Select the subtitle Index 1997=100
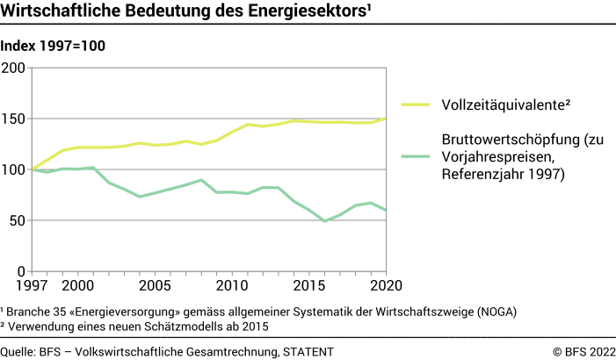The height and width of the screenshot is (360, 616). click(x=54, y=47)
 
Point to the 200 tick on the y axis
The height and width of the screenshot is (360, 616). click(x=14, y=68)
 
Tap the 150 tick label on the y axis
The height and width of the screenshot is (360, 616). click(x=14, y=119)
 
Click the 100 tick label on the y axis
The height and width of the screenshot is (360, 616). click(x=14, y=169)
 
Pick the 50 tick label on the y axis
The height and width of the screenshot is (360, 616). click(x=18, y=220)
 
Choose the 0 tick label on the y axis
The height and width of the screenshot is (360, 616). click(x=22, y=270)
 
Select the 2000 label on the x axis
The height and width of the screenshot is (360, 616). click(x=78, y=286)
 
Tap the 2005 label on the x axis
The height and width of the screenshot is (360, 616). click(x=156, y=286)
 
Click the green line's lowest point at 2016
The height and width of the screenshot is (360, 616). click(x=324, y=220)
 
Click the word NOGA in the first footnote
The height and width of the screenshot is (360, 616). click(x=498, y=312)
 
